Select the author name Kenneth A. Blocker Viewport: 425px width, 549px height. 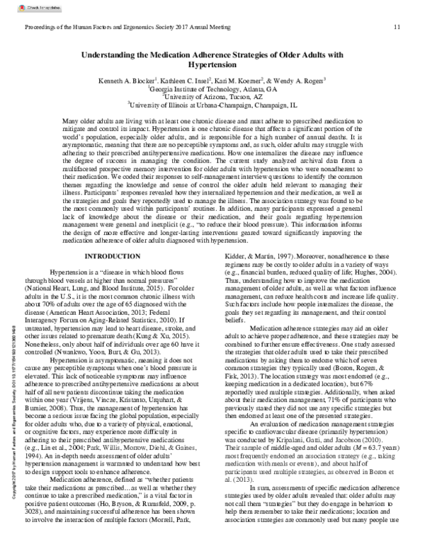tap(129, 81)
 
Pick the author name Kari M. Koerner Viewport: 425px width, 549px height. tap(237, 81)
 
